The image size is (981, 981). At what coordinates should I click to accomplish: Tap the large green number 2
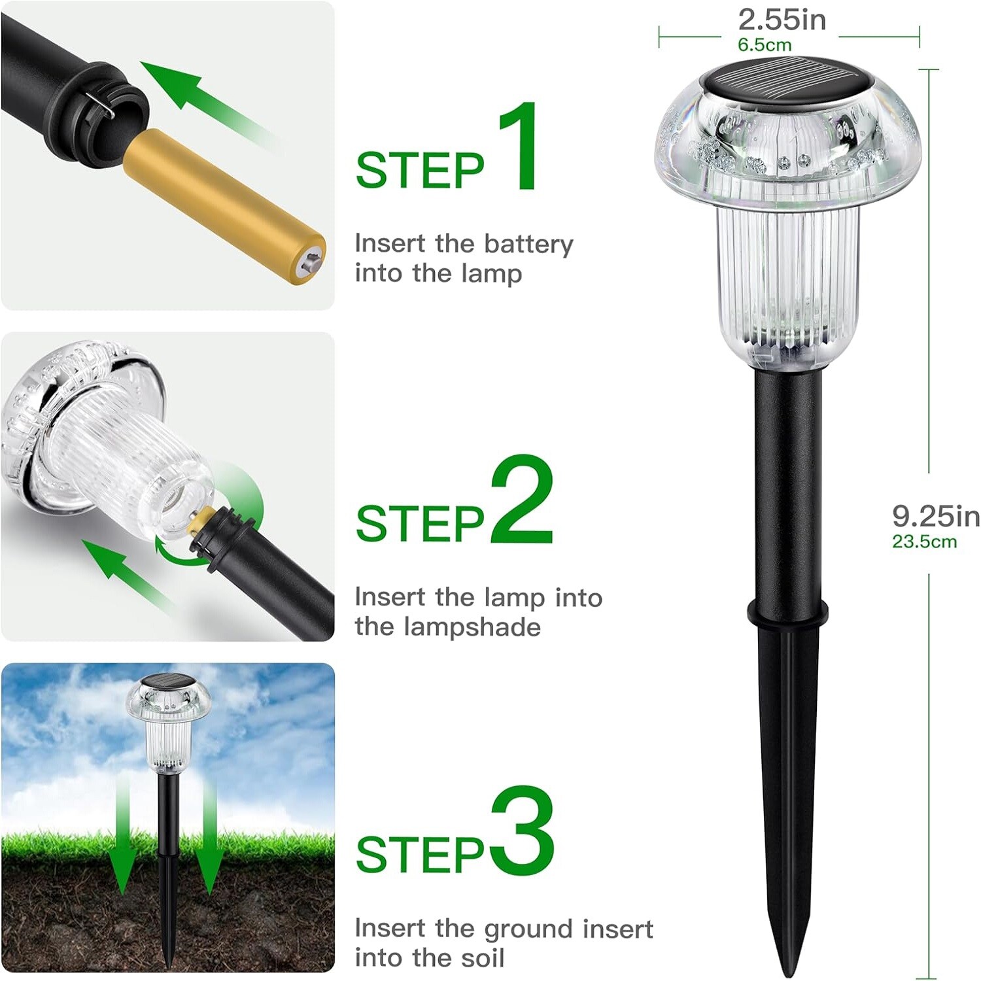(521, 500)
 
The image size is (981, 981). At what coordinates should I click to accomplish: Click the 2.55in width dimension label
(782, 20)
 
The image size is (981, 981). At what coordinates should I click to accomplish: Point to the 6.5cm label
(764, 45)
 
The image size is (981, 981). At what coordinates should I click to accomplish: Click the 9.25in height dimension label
(935, 517)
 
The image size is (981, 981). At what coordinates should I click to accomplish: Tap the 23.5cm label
(924, 542)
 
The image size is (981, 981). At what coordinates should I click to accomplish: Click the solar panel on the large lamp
(778, 82)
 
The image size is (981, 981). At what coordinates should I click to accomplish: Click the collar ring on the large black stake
(787, 611)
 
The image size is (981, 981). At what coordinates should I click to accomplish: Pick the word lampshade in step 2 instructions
(472, 627)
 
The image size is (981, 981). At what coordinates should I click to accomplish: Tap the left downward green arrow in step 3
(122, 844)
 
